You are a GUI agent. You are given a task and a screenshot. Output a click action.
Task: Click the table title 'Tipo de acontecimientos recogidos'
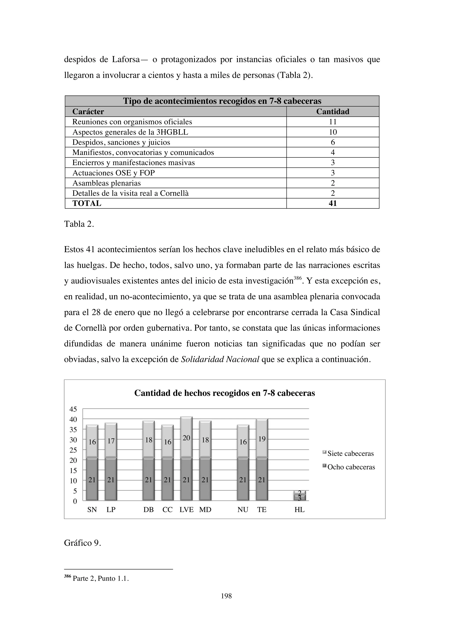coord(222,101)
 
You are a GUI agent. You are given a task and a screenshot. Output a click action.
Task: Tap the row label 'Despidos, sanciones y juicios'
coord(121,142)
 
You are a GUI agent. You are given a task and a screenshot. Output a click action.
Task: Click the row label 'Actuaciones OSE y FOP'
coord(113,173)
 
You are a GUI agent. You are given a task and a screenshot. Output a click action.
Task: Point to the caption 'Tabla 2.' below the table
coord(79,224)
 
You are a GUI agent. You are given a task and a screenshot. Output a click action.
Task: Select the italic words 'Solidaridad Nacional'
coord(220,360)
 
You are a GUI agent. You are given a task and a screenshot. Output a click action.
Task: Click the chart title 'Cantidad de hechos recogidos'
coord(224,393)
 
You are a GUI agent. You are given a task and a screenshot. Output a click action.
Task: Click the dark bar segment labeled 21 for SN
coord(92,479)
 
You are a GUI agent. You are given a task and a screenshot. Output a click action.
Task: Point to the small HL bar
coord(299,496)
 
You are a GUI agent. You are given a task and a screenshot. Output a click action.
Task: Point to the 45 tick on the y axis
coord(73,409)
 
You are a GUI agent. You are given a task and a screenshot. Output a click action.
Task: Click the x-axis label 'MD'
coord(205,510)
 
